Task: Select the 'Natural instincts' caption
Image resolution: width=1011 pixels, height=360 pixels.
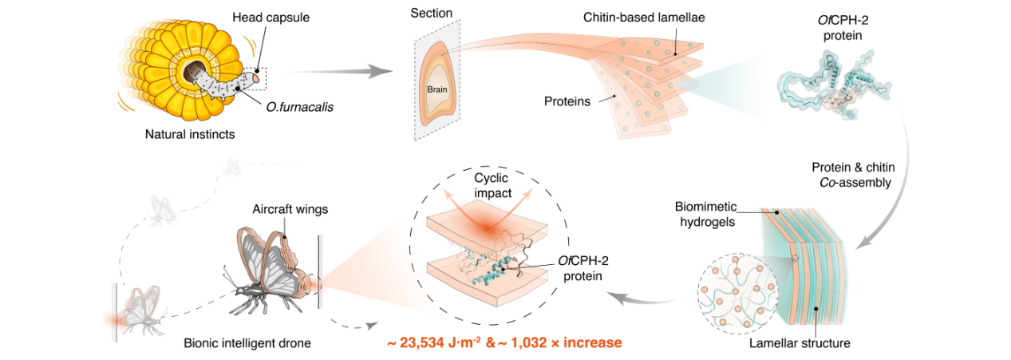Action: click(190, 134)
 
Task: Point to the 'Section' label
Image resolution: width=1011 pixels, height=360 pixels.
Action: click(431, 14)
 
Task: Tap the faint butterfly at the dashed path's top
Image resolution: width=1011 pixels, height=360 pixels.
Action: click(232, 165)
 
